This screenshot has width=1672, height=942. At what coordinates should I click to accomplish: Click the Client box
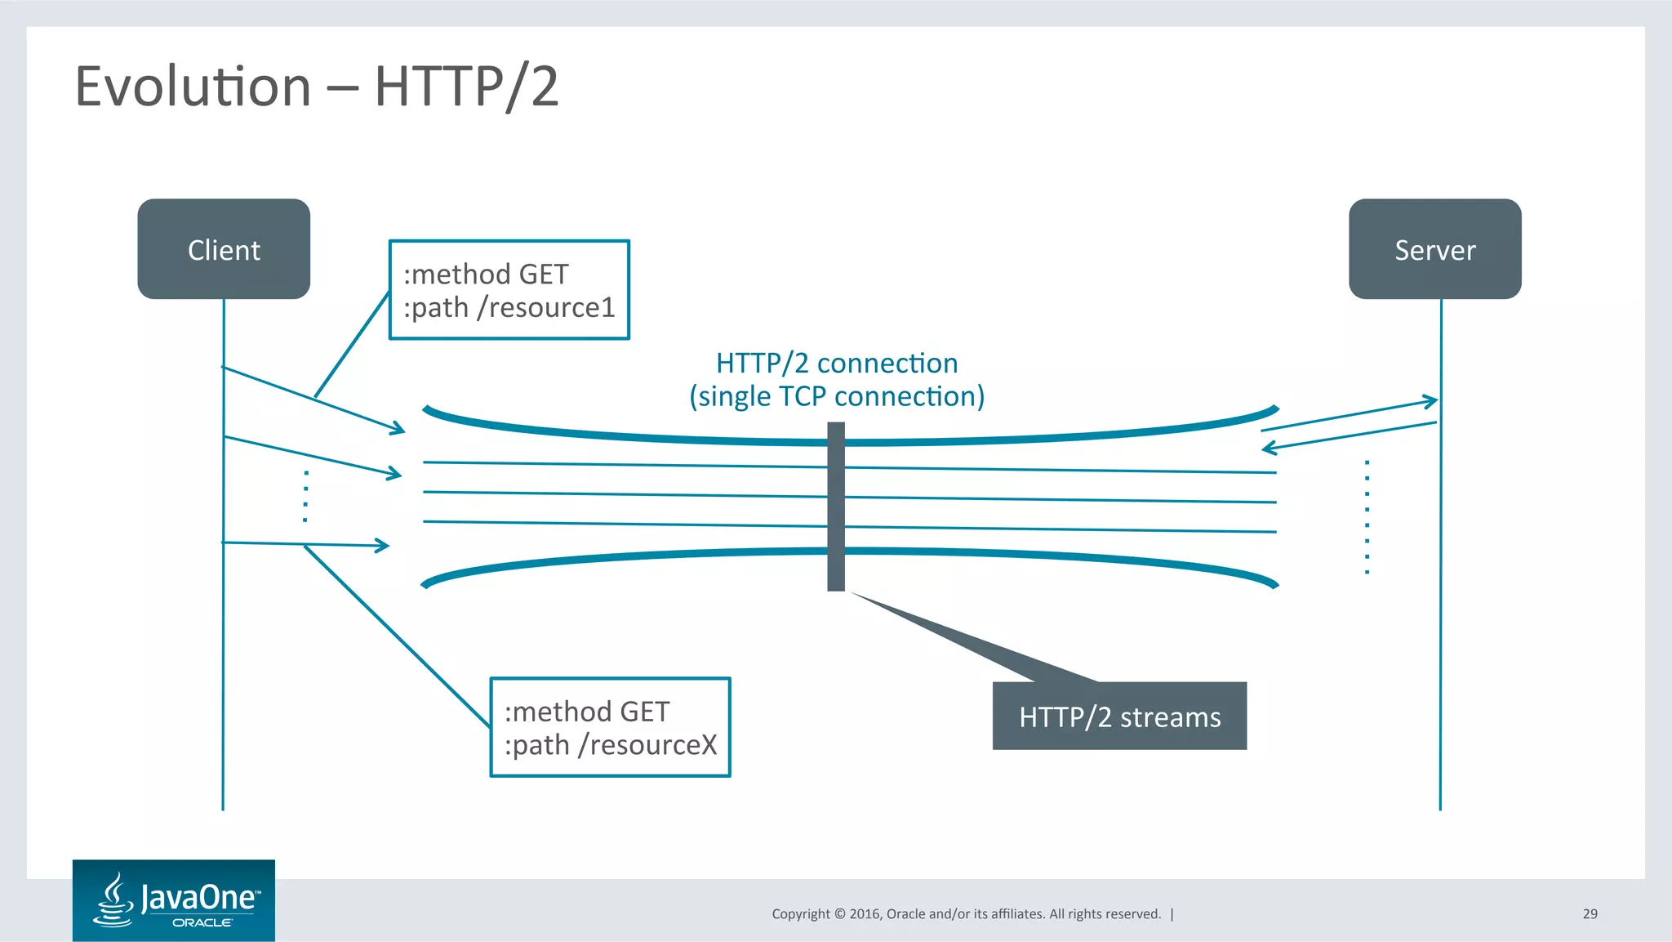click(224, 249)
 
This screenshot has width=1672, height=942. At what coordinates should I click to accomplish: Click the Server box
click(1434, 249)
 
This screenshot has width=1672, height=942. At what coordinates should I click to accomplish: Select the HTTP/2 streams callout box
click(1119, 717)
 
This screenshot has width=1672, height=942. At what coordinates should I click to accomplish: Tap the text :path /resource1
click(509, 308)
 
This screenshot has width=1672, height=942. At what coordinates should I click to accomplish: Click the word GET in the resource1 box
click(543, 275)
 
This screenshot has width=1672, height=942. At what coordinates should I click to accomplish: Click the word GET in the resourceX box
click(644, 712)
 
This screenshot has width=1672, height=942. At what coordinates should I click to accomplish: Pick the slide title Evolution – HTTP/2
click(317, 87)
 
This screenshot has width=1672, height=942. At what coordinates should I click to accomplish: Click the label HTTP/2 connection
click(837, 363)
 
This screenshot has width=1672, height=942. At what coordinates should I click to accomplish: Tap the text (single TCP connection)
click(837, 396)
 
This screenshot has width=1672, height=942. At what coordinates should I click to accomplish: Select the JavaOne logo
click(174, 900)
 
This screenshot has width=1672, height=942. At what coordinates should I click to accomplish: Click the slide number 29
click(1590, 913)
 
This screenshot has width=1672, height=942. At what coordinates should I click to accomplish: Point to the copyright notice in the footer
click(966, 913)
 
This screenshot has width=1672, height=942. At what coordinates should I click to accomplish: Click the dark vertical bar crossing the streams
click(836, 507)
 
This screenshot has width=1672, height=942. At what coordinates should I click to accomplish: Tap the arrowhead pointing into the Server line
click(1430, 401)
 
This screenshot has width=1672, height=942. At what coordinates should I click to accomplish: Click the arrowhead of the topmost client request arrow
click(398, 428)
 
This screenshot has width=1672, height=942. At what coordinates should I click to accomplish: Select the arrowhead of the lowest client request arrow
click(382, 545)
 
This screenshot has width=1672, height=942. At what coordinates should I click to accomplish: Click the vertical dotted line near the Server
click(1367, 517)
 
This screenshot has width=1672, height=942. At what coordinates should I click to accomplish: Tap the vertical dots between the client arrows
click(305, 496)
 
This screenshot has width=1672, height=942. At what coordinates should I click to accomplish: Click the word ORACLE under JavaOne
click(202, 922)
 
